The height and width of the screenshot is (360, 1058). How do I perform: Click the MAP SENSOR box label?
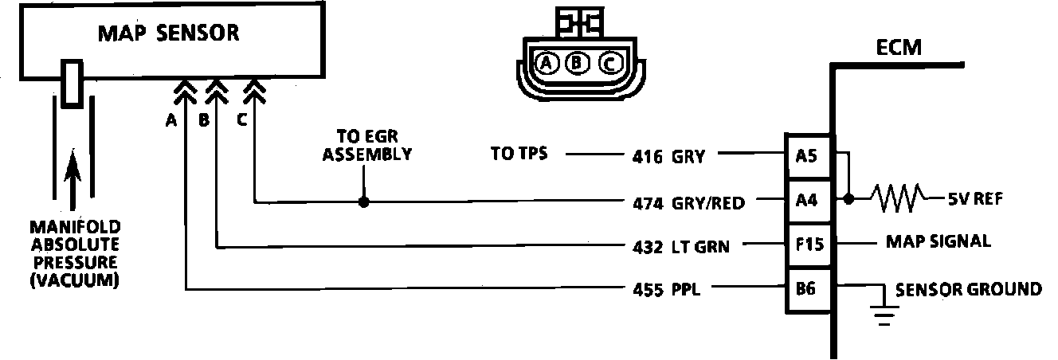[168, 33]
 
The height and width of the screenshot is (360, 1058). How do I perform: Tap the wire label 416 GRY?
[666, 156]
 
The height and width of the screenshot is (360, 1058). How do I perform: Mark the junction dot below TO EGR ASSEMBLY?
[364, 202]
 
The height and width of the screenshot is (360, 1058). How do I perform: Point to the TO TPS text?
[519, 154]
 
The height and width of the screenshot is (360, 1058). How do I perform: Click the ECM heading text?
[899, 48]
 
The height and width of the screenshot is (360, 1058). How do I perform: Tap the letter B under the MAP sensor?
[204, 121]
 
